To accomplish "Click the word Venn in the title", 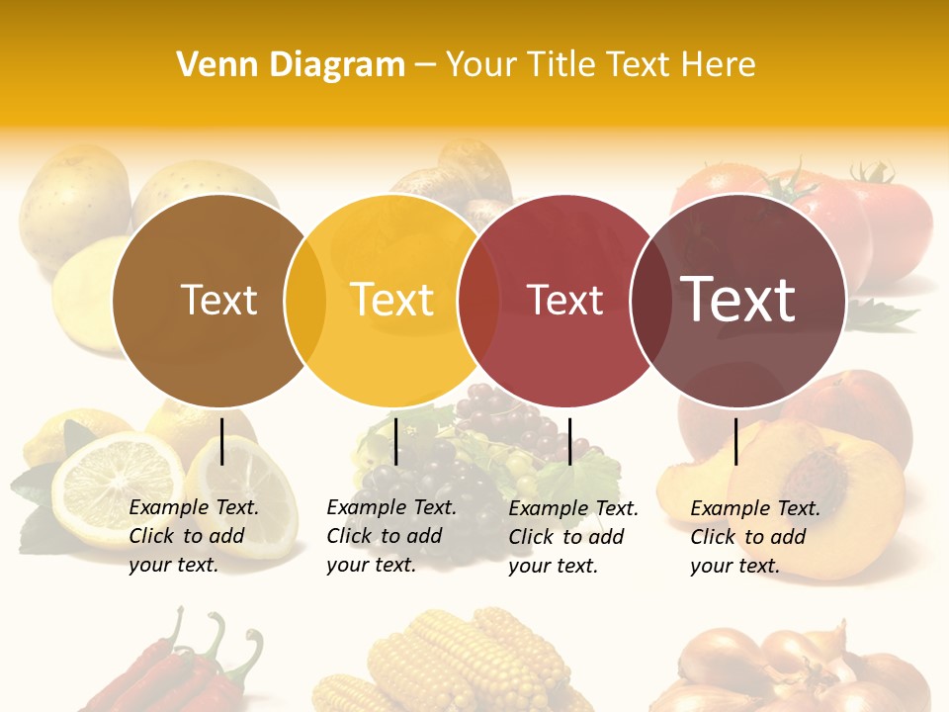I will (209, 64).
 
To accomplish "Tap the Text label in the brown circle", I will (219, 300).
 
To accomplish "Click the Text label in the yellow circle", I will (392, 300).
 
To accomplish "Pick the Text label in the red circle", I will (564, 301).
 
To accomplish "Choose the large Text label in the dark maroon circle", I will (738, 300).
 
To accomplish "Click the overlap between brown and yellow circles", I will (305, 300).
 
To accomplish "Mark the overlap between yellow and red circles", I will (478, 300).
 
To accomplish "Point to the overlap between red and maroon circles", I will (650, 300).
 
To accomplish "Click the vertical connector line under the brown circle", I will (222, 441).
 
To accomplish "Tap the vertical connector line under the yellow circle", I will (395, 441).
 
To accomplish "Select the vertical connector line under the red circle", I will (570, 441).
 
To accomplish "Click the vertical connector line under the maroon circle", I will (735, 441).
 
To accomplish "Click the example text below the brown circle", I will (194, 536).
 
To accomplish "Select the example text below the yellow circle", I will (391, 536).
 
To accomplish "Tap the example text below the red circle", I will (573, 537).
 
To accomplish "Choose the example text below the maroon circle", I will (755, 537).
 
